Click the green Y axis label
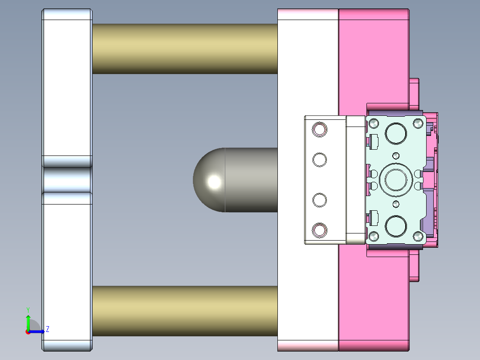pyautogui.click(x=28, y=309)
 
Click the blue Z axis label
pyautogui.click(x=47, y=329)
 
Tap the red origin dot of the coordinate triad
pyautogui.click(x=28, y=331)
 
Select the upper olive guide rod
pyautogui.click(x=185, y=49)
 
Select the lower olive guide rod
pyautogui.click(x=185, y=311)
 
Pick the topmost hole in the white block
pyautogui.click(x=320, y=130)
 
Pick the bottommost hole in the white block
pyautogui.click(x=320, y=230)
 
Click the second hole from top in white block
pyautogui.click(x=320, y=160)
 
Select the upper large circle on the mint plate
pyautogui.click(x=396, y=133)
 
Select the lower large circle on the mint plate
pyautogui.click(x=396, y=226)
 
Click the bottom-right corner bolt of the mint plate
pyautogui.click(x=418, y=236)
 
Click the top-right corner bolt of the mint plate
pyautogui.click(x=418, y=123)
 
